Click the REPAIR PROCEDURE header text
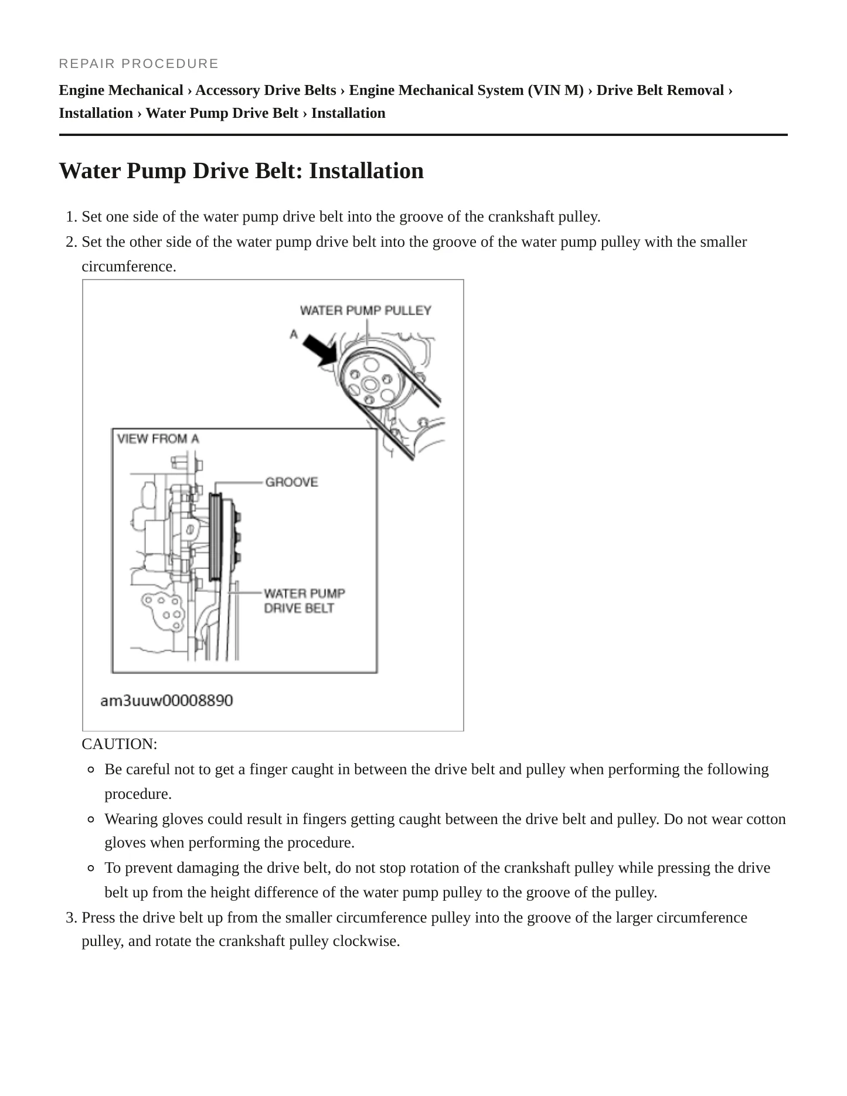[x=139, y=63]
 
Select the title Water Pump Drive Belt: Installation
[x=241, y=171]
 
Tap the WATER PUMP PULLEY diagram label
[x=366, y=311]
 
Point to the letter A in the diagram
[x=294, y=334]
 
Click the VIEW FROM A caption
[x=158, y=438]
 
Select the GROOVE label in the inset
[x=292, y=482]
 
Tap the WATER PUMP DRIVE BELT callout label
[x=304, y=601]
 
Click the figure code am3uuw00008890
[x=166, y=700]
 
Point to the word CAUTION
[x=120, y=744]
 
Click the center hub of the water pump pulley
[x=369, y=384]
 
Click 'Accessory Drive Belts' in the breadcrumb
[x=266, y=90]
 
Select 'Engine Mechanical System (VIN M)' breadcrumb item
[x=467, y=90]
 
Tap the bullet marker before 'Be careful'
[x=90, y=770]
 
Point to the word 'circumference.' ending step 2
[x=129, y=267]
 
